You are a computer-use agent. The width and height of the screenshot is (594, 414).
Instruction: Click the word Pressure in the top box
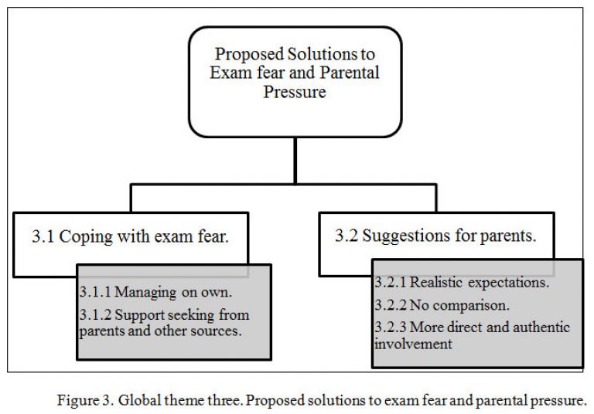pyautogui.click(x=295, y=92)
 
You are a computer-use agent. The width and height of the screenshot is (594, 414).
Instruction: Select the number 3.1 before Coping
pyautogui.click(x=43, y=236)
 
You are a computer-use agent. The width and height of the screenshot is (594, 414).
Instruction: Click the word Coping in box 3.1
pyautogui.click(x=86, y=238)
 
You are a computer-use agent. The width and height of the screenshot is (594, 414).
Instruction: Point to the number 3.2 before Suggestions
pyautogui.click(x=346, y=236)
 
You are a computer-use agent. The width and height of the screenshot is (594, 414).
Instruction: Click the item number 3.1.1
pyautogui.click(x=95, y=292)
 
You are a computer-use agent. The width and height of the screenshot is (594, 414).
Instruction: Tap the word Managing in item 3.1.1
pyautogui.click(x=145, y=293)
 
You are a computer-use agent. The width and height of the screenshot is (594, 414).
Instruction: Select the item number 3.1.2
pyautogui.click(x=95, y=315)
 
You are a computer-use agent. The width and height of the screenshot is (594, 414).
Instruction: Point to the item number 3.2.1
pyautogui.click(x=391, y=282)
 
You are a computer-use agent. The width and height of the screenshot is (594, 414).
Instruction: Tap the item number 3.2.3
pyautogui.click(x=391, y=327)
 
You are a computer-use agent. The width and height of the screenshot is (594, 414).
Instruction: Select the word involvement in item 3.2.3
pyautogui.click(x=413, y=344)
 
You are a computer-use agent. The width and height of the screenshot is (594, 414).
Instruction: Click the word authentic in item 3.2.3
pyautogui.click(x=541, y=327)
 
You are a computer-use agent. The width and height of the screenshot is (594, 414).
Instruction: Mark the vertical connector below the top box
pyautogui.click(x=295, y=161)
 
